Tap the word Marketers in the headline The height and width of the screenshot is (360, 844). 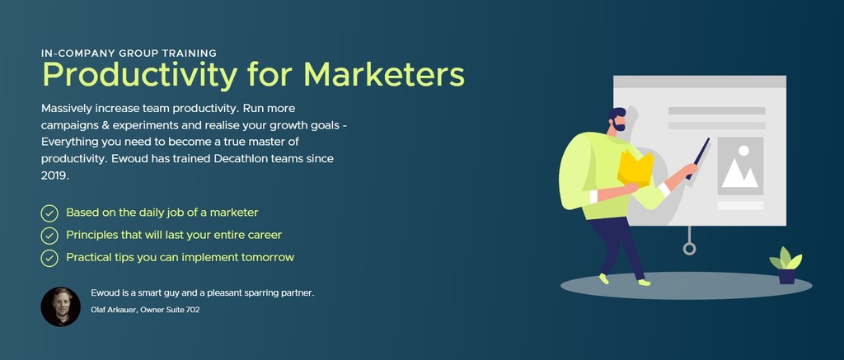point(384,74)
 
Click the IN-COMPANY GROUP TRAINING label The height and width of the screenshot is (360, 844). point(129,54)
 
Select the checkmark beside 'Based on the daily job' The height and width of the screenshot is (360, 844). point(49,213)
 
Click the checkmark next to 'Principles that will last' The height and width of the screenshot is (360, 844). point(49,236)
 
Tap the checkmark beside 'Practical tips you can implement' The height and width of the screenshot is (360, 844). point(49,259)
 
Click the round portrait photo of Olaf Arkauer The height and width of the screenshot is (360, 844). point(61,306)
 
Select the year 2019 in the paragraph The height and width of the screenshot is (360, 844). point(54,175)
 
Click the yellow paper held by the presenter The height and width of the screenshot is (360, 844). point(635,168)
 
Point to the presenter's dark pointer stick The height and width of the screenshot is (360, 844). point(697,158)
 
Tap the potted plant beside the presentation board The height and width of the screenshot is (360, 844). point(785,265)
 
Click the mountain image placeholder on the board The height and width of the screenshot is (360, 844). point(740,166)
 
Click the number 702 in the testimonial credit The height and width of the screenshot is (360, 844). point(193,310)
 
